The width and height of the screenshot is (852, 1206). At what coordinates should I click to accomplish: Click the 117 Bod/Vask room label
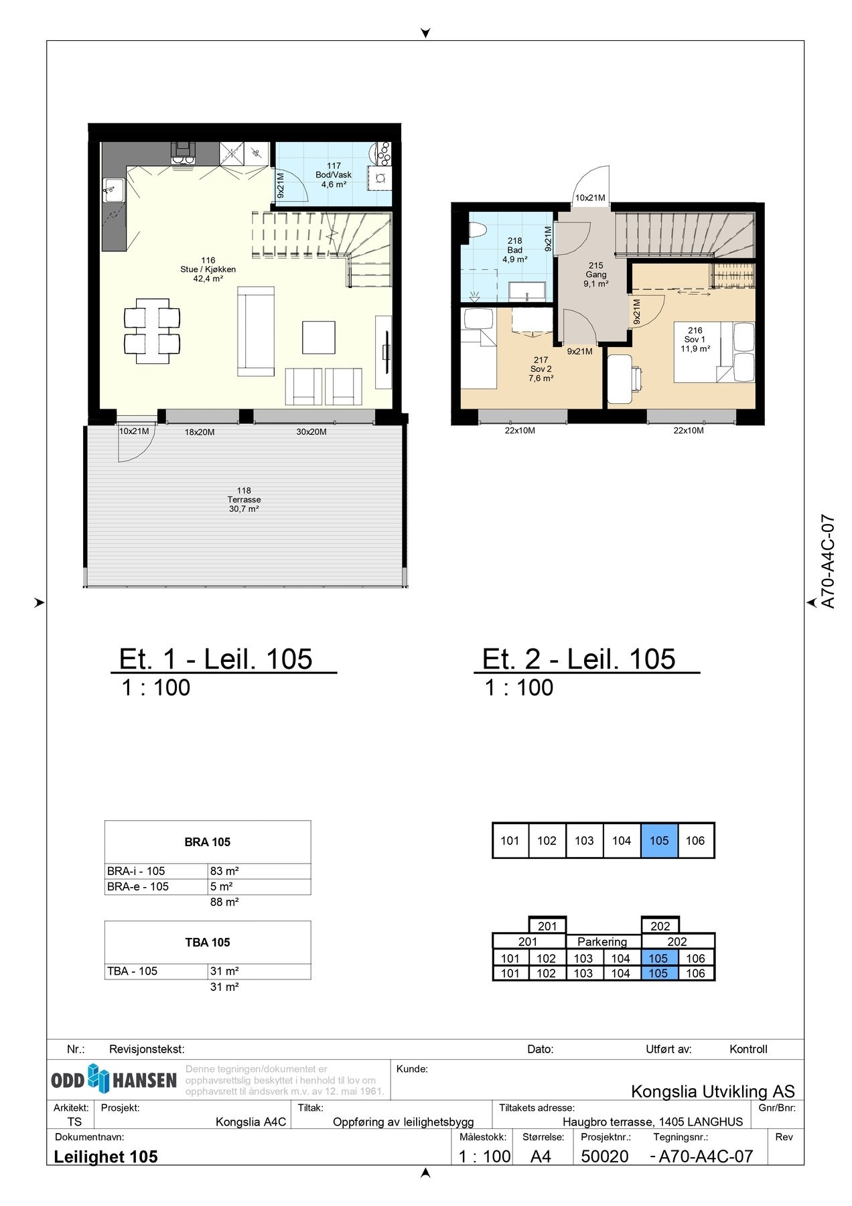coord(334,175)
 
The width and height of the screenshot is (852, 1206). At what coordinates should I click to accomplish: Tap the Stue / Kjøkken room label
coord(208,269)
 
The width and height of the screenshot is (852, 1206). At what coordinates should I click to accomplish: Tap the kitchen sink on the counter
coord(113,190)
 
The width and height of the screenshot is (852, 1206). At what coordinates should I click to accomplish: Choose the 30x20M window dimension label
coord(311,432)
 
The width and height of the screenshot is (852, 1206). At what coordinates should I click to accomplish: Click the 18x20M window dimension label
coord(200,432)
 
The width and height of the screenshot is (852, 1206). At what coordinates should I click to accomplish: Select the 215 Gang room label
coord(596,275)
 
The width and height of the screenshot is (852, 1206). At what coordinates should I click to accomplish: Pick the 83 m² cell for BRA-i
coord(260,871)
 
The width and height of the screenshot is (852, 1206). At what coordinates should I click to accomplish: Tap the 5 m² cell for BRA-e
coord(260,886)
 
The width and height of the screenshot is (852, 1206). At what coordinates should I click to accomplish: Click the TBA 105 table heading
coord(208,942)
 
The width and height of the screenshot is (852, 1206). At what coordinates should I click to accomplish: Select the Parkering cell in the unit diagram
coord(602,941)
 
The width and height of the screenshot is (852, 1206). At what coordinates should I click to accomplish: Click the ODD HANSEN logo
coord(115,1079)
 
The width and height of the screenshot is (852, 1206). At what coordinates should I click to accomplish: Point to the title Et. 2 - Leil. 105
coord(579,659)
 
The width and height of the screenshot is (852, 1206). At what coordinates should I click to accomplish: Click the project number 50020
coord(605,1156)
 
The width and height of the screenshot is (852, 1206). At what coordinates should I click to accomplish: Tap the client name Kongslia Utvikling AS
coord(713,1091)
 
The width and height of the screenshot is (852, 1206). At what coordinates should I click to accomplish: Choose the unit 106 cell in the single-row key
coord(696,840)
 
